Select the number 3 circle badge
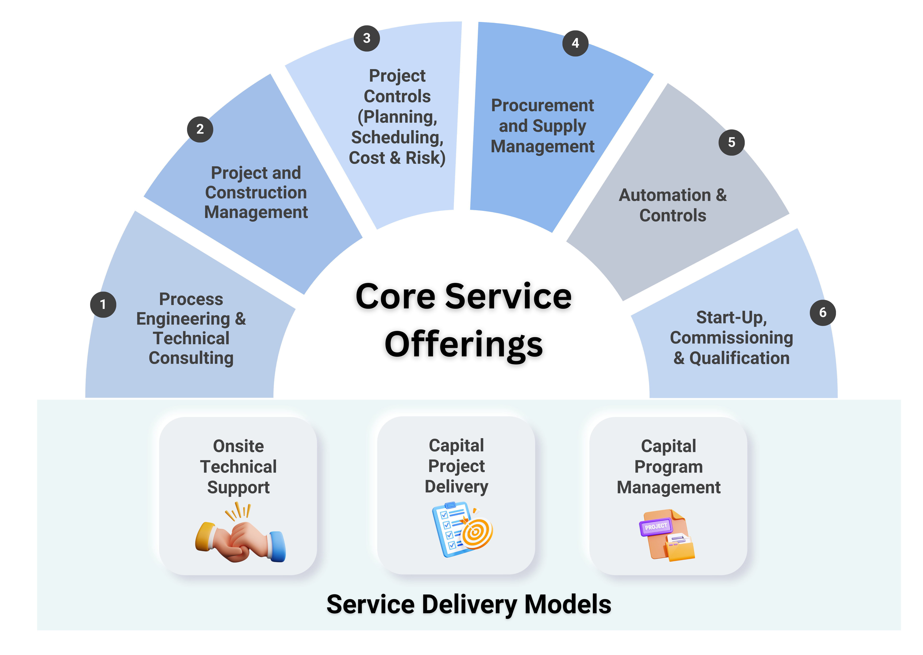(367, 38)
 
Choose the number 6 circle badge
(823, 313)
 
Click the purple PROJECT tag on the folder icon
(656, 527)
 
